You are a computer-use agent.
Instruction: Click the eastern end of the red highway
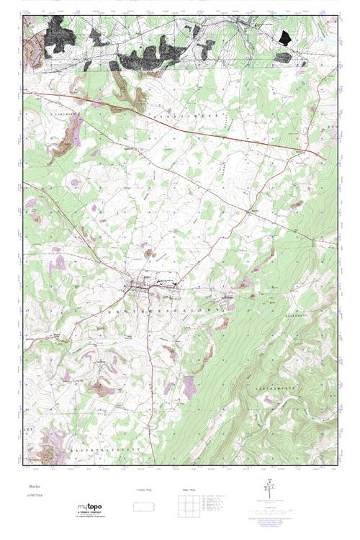point(325,158)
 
